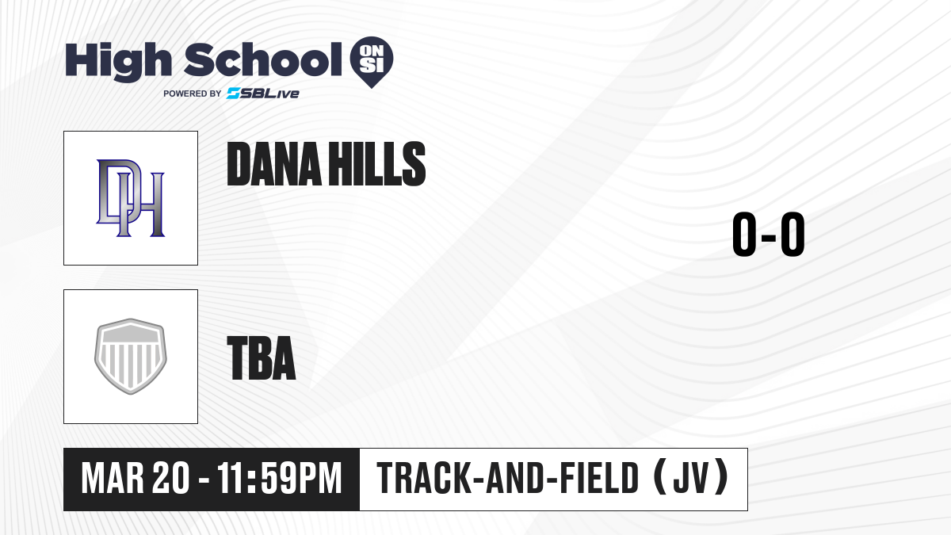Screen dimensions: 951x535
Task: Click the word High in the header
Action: pyautogui.click(x=118, y=62)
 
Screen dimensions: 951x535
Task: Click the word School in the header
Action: pyautogui.click(x=263, y=59)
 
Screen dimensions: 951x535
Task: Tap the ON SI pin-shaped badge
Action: pyautogui.click(x=372, y=62)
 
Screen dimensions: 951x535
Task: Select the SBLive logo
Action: pyautogui.click(x=263, y=94)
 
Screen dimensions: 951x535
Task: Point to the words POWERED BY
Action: pyautogui.click(x=193, y=94)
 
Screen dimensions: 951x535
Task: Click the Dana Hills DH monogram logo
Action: pyautogui.click(x=130, y=198)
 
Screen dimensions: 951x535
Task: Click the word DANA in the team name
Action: pyautogui.click(x=274, y=164)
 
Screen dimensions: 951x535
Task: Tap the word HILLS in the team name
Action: pyautogui.click(x=377, y=164)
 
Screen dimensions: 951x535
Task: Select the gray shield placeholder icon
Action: pyautogui.click(x=130, y=357)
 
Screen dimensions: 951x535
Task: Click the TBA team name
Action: pyautogui.click(x=262, y=358)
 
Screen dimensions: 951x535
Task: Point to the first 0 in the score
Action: pyautogui.click(x=744, y=234)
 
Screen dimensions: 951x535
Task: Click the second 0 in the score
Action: pyautogui.click(x=792, y=234)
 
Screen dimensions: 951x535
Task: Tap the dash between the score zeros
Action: pyautogui.click(x=769, y=237)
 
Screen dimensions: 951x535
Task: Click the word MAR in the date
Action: pyautogui.click(x=113, y=478)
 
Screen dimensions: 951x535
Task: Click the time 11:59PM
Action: pyautogui.click(x=279, y=478)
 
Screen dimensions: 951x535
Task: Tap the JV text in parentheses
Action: pyautogui.click(x=691, y=478)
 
